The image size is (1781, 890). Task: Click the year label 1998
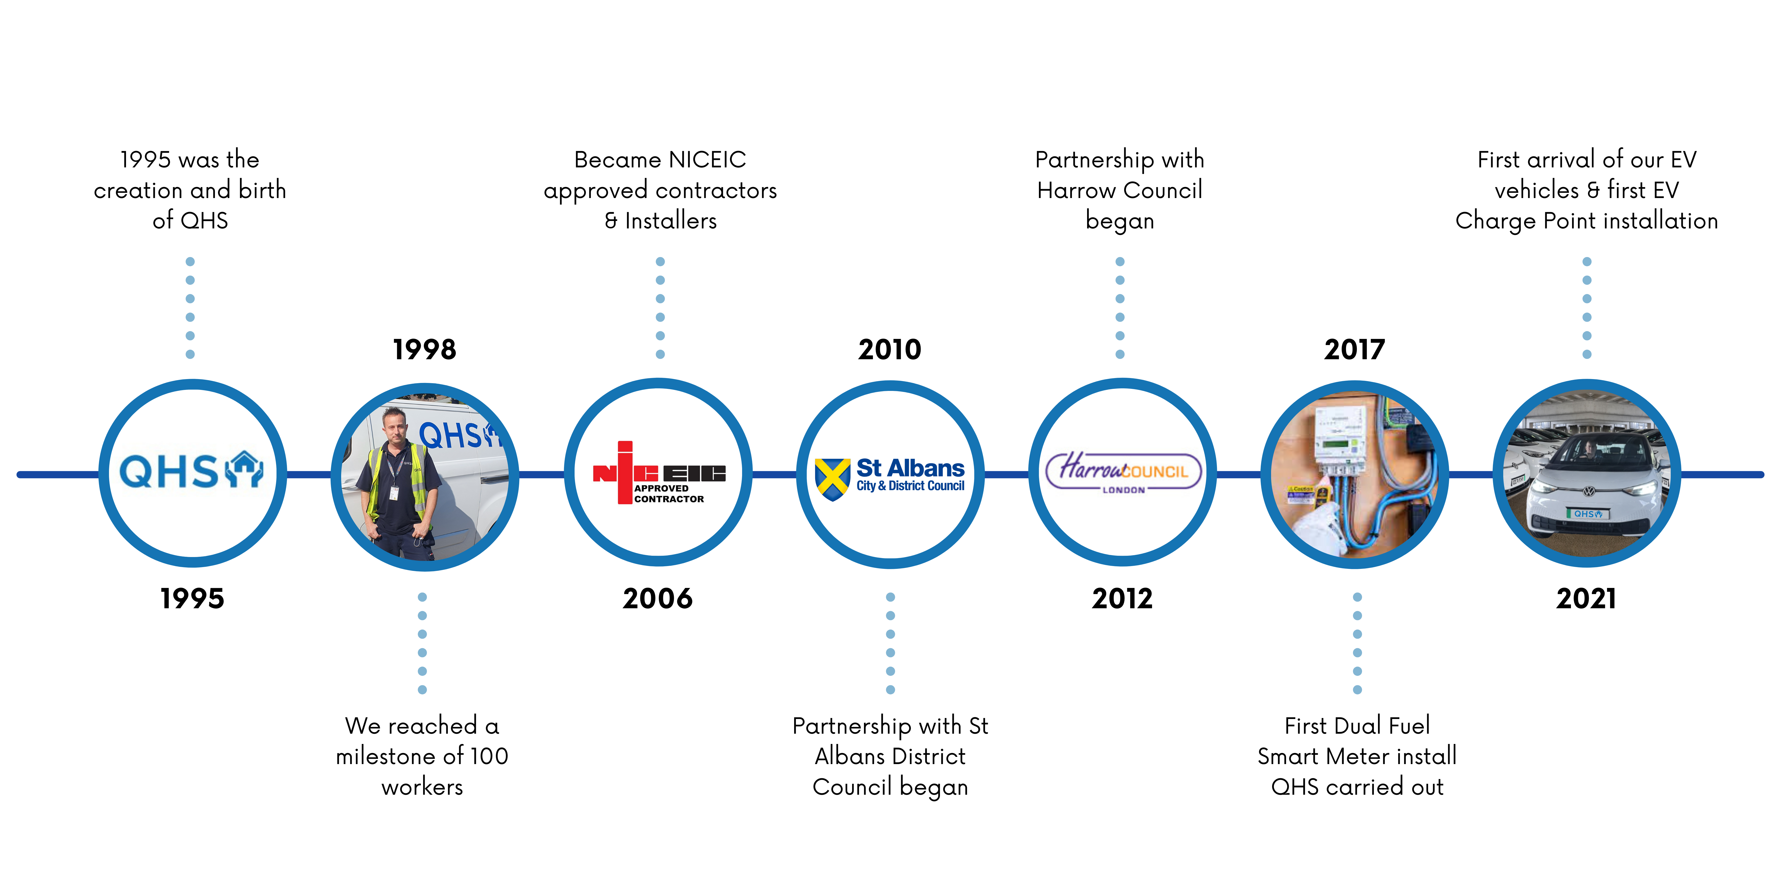coord(425,350)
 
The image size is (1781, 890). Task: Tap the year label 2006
coord(658,598)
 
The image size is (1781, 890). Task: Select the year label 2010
coord(890,350)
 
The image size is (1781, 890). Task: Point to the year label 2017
coord(1354,350)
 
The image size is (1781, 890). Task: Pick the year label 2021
coord(1586,598)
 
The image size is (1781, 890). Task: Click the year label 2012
coord(1122,598)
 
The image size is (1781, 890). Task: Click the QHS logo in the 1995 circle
coord(191,470)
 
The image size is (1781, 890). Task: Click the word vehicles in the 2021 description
coord(1536,190)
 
